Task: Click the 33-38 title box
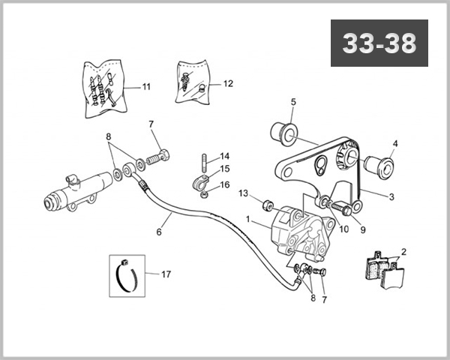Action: tap(379, 43)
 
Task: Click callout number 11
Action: tap(146, 87)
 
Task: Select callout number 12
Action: tap(228, 83)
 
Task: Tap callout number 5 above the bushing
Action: tap(293, 102)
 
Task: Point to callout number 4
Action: tap(395, 143)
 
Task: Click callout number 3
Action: tap(391, 197)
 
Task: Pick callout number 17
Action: tap(166, 274)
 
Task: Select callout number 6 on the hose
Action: tap(159, 232)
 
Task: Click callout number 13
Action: tap(243, 193)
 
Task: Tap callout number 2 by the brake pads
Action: tap(403, 252)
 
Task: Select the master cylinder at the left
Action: tap(78, 192)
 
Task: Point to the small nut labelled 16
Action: tap(204, 196)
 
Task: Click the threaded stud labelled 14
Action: tap(204, 163)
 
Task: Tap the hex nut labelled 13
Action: tap(267, 205)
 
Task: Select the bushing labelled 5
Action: tap(284, 134)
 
